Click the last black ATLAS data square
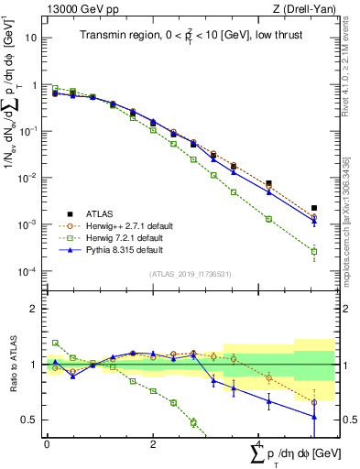[x=314, y=209]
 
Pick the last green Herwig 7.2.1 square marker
[x=314, y=251]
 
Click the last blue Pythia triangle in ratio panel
[x=314, y=417]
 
